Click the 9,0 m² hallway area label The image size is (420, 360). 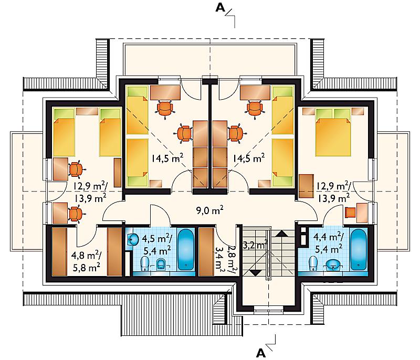coord(209,210)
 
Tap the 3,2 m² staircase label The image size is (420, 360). coord(255,245)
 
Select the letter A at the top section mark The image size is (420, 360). coord(220,8)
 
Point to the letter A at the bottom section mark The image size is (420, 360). coord(260,353)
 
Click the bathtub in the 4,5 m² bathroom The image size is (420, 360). coord(186,249)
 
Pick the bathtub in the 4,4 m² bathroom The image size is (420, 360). coord(358,249)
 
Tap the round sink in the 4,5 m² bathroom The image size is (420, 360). coord(133,239)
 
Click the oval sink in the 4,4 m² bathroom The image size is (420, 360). coord(333,264)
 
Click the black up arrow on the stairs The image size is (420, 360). coord(281,234)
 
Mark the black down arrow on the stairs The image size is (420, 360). coord(256,273)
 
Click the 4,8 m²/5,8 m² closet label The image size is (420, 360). coord(86,261)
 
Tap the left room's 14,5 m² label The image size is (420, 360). coord(167,158)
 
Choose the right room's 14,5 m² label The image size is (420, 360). coord(248,158)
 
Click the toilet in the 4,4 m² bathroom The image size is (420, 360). coord(312,263)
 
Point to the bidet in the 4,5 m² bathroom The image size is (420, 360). coord(161,264)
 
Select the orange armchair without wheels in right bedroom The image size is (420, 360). coord(350,213)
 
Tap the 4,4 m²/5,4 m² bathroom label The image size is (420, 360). coord(329,243)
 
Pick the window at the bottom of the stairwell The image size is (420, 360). coord(268,310)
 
